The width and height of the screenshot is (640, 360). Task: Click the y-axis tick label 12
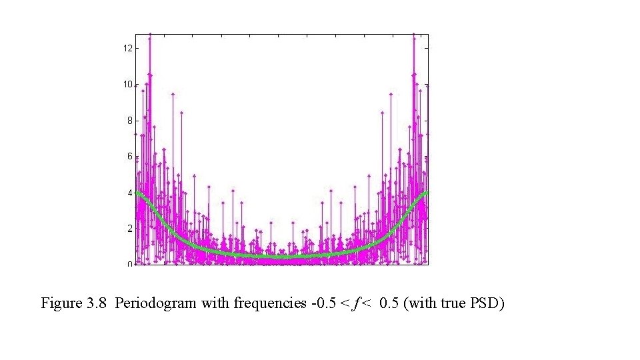click(127, 48)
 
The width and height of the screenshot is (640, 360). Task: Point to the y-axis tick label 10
click(127, 85)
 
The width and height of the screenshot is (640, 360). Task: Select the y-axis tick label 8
click(129, 121)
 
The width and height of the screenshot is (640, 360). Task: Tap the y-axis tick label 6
click(129, 157)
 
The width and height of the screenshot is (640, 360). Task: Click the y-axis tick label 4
click(129, 193)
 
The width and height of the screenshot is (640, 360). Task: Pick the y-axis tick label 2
click(129, 229)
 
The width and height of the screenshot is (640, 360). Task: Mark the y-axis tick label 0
click(129, 264)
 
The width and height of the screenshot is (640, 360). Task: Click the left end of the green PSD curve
click(136, 193)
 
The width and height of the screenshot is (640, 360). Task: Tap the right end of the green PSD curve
click(427, 192)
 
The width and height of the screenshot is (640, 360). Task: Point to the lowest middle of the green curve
click(281, 257)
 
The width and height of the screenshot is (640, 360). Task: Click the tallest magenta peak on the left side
click(150, 35)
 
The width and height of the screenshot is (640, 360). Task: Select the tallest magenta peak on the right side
click(414, 35)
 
